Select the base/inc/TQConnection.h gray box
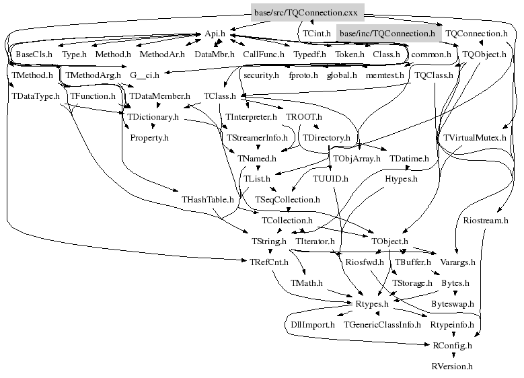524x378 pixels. [387, 33]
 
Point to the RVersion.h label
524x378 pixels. [451, 367]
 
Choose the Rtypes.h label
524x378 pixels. [373, 304]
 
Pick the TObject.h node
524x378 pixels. [389, 241]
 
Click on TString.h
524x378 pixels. [268, 241]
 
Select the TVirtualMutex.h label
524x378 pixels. [475, 137]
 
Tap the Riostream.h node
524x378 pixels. [486, 220]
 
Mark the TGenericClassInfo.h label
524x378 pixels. [382, 325]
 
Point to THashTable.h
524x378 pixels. [208, 200]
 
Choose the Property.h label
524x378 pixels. [149, 137]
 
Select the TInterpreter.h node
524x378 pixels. [252, 116]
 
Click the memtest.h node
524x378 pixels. [385, 75]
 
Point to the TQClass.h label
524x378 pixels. [434, 75]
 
